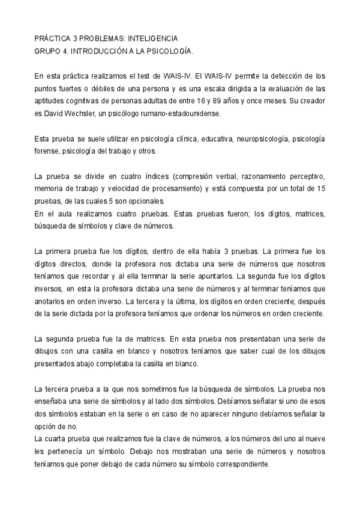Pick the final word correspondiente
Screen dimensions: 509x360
click(x=237, y=466)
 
